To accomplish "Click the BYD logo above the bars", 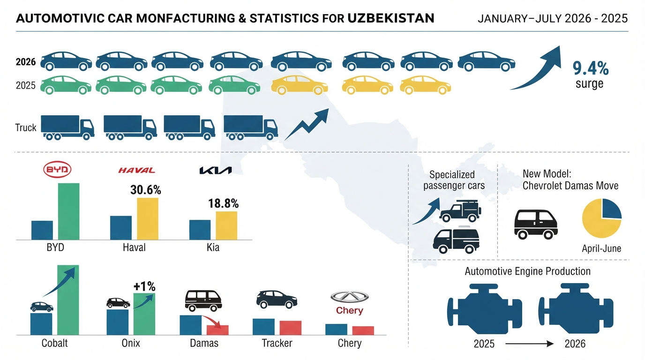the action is tap(57, 169).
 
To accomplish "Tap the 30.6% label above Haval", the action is tap(146, 190).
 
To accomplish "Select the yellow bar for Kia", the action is tap(226, 225).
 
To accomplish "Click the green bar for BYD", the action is tap(69, 211).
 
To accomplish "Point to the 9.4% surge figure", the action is tap(591, 68).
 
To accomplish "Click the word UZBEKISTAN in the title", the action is tap(391, 18).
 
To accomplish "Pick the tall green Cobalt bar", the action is tap(68, 300).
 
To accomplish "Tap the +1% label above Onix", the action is tap(144, 286).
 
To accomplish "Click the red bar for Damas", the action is tap(217, 330).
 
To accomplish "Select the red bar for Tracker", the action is tap(291, 328).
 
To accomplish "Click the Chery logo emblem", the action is tap(350, 297).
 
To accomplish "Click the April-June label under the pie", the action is tap(601, 248).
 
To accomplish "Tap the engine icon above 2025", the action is tap(484, 308).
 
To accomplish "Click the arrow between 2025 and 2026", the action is tap(529, 344).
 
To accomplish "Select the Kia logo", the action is tap(216, 171).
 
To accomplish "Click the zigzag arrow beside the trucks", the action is tap(307, 124).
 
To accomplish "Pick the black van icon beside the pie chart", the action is tap(536, 225).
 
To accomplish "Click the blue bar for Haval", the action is tap(121, 228).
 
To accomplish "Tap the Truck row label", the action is tap(26, 127).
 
